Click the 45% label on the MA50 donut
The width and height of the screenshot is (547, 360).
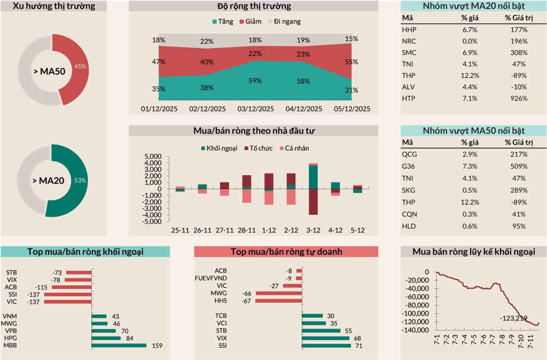coord(80,67)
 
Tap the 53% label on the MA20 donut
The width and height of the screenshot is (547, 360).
coord(80,181)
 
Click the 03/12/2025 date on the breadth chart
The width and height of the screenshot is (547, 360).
coord(255,108)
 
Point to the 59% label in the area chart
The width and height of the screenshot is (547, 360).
coord(255,81)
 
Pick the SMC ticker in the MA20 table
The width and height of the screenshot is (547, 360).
coord(409,52)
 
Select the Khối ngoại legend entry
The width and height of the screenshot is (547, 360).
coord(219,148)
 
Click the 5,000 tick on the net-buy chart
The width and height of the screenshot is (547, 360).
coord(153,156)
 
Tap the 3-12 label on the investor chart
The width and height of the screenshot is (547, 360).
coord(313,230)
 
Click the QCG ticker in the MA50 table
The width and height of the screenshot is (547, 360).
coord(409,154)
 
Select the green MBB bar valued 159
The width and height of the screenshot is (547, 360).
coord(119,346)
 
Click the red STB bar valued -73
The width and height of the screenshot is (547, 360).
coord(78,272)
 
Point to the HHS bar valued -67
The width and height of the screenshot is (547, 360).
coord(278,301)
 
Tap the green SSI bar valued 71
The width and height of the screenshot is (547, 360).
coord(326,346)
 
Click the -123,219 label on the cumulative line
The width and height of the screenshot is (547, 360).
coord(514,318)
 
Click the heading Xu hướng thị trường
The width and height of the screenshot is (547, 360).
coord(54,6)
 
